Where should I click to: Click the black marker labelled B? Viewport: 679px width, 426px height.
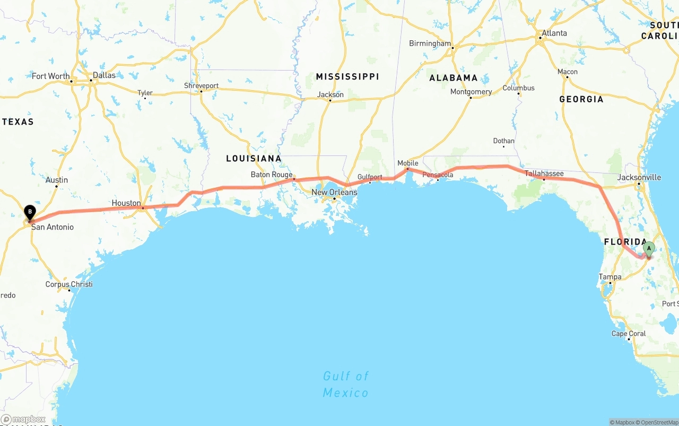point(30,213)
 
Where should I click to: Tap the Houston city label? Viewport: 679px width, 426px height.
point(126,203)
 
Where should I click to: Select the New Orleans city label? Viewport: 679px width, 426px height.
point(334,192)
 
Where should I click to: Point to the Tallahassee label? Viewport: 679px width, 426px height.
point(544,173)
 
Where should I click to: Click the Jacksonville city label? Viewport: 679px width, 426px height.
point(639,177)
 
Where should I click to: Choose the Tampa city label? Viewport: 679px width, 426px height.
point(610,277)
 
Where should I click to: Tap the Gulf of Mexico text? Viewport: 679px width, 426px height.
point(346,384)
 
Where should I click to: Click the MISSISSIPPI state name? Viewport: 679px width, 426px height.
point(347,76)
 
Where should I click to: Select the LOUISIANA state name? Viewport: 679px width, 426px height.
point(254,158)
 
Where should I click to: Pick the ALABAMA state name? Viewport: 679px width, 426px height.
point(454,78)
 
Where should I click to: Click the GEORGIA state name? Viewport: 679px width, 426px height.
point(581,99)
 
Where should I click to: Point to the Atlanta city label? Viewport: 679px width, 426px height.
point(554,33)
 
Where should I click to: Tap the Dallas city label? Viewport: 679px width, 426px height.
point(104,75)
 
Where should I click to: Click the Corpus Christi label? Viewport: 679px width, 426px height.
point(69,284)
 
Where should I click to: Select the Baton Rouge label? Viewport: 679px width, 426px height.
point(272,175)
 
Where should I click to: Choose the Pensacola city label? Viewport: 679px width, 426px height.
point(438,175)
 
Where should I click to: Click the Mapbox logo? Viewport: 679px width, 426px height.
point(23,419)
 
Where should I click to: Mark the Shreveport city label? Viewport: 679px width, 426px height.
point(201,85)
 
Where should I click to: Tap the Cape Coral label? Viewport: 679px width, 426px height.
point(629,334)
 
